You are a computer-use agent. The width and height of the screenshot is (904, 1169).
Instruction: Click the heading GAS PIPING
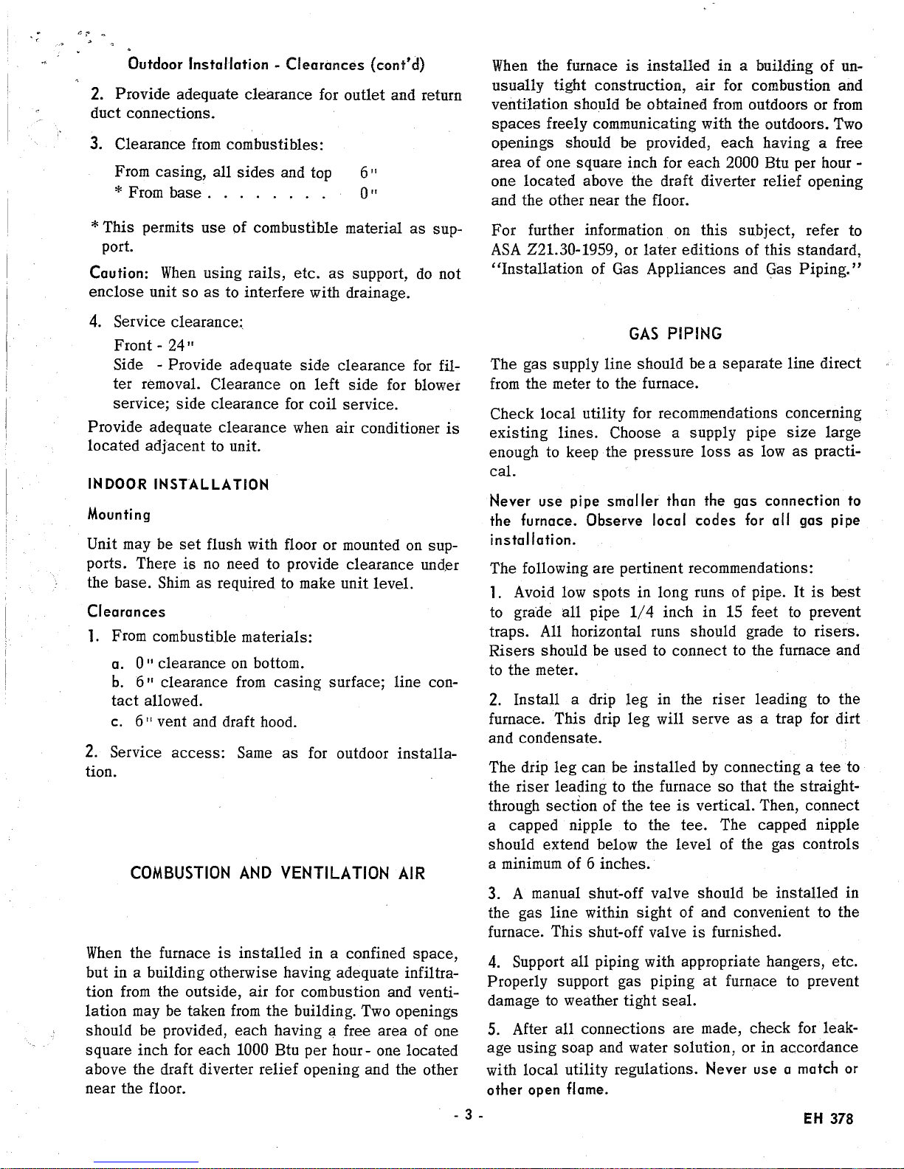(675, 334)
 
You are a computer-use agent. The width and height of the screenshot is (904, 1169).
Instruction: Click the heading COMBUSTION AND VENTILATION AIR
(277, 874)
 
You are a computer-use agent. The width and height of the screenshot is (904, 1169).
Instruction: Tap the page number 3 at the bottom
(469, 1115)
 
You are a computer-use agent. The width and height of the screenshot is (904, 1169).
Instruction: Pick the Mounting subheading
(119, 514)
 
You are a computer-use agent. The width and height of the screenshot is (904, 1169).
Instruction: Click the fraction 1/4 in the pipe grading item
(641, 612)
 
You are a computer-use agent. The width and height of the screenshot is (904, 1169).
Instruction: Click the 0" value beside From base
(364, 192)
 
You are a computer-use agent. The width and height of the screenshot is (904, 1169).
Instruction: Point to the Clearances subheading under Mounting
(126, 611)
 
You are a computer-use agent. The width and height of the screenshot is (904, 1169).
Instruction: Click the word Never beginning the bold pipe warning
(508, 502)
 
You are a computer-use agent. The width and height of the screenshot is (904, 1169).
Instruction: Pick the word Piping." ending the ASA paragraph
(829, 268)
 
